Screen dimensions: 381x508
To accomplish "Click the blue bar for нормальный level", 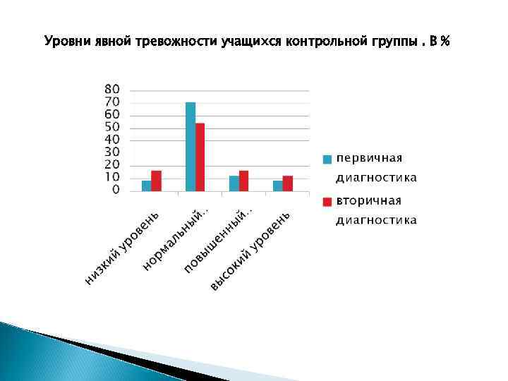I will point(190,147).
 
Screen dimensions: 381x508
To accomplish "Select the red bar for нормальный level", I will point(200,157).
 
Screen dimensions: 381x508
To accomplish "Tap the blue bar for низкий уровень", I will point(146,186).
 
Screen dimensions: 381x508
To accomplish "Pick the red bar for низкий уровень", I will point(156,181).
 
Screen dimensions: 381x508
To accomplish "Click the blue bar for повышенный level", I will point(234,183).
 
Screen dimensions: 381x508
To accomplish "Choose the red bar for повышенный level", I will point(243,181).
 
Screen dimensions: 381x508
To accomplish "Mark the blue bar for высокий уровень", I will point(277,186).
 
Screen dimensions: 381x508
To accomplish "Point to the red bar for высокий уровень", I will point(287,183).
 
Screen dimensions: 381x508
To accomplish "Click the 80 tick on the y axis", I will point(112,90).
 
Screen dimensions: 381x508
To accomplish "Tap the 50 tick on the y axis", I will point(112,128).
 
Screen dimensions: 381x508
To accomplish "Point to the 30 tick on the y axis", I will point(112,152).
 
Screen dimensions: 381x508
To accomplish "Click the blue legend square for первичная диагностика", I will point(327,159).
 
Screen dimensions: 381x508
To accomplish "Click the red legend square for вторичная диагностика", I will point(327,202).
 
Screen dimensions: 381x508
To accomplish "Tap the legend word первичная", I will point(369,158).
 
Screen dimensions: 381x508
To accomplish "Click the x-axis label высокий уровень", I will point(250,251).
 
